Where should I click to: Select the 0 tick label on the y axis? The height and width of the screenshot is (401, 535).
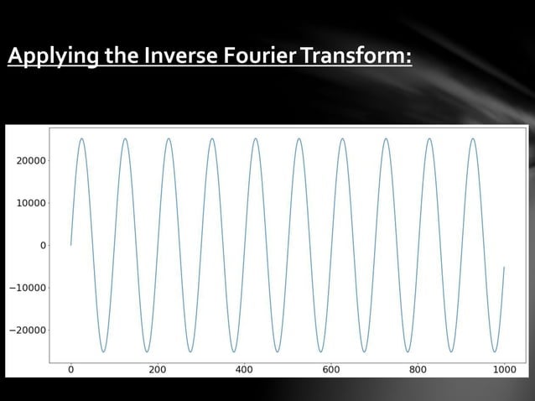pos(42,246)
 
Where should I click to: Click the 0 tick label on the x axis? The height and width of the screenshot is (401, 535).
pos(70,368)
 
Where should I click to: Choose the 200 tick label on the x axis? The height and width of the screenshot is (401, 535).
pos(157,368)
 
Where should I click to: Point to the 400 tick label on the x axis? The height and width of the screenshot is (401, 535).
pos(244,368)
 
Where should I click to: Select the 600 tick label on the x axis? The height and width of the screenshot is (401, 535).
pos(330,368)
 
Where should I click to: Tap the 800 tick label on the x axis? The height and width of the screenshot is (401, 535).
pos(418,368)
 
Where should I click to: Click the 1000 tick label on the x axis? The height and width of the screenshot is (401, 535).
pos(504,368)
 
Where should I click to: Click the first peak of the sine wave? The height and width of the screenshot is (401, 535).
pos(81,138)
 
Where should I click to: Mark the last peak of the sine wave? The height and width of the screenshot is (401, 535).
pos(472,138)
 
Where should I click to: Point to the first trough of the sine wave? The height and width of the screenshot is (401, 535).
pos(103,352)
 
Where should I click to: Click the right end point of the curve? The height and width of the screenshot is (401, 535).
pos(504,267)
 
